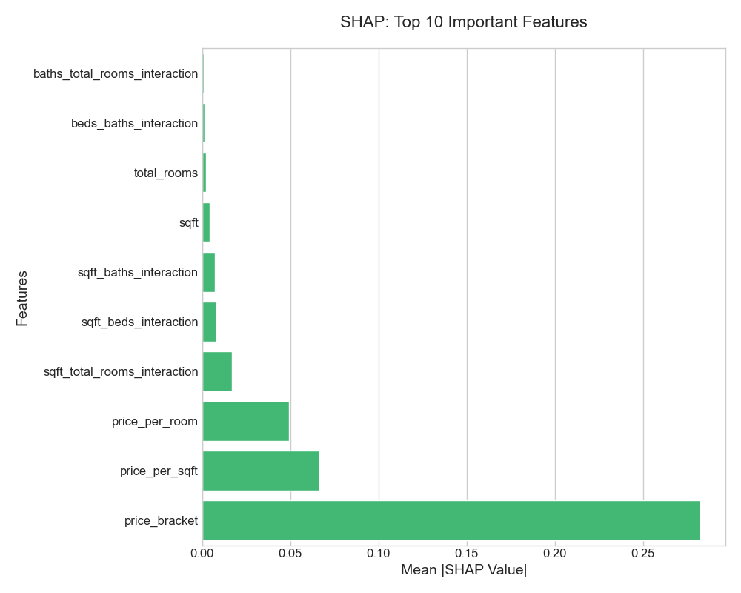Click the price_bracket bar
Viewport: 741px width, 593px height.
pos(451,520)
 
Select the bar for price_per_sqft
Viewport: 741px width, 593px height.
pos(261,471)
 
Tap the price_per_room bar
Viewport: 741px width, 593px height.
pos(245,421)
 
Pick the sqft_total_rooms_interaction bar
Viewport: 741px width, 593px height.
pos(217,371)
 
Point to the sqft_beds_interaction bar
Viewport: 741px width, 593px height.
pos(209,322)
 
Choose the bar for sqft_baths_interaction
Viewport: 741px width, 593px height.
pos(208,272)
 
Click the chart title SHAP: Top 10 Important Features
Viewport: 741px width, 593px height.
pos(463,22)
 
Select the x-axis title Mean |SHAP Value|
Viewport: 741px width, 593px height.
pos(463,570)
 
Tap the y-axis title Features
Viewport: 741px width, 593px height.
pos(22,298)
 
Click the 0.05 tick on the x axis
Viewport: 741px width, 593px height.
pos(290,553)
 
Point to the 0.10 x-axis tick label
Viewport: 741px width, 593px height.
pos(379,553)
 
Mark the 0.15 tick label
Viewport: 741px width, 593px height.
pos(467,553)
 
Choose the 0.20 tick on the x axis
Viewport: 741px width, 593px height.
pos(555,553)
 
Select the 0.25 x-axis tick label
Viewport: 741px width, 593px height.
pos(643,553)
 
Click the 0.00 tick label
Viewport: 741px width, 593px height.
pos(202,553)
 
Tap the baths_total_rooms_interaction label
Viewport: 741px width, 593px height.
pos(116,73)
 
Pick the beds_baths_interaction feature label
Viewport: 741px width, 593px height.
pos(134,123)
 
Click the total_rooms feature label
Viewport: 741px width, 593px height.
pos(165,173)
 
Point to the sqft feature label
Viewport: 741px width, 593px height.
pos(188,222)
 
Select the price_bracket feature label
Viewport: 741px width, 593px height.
pos(161,520)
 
